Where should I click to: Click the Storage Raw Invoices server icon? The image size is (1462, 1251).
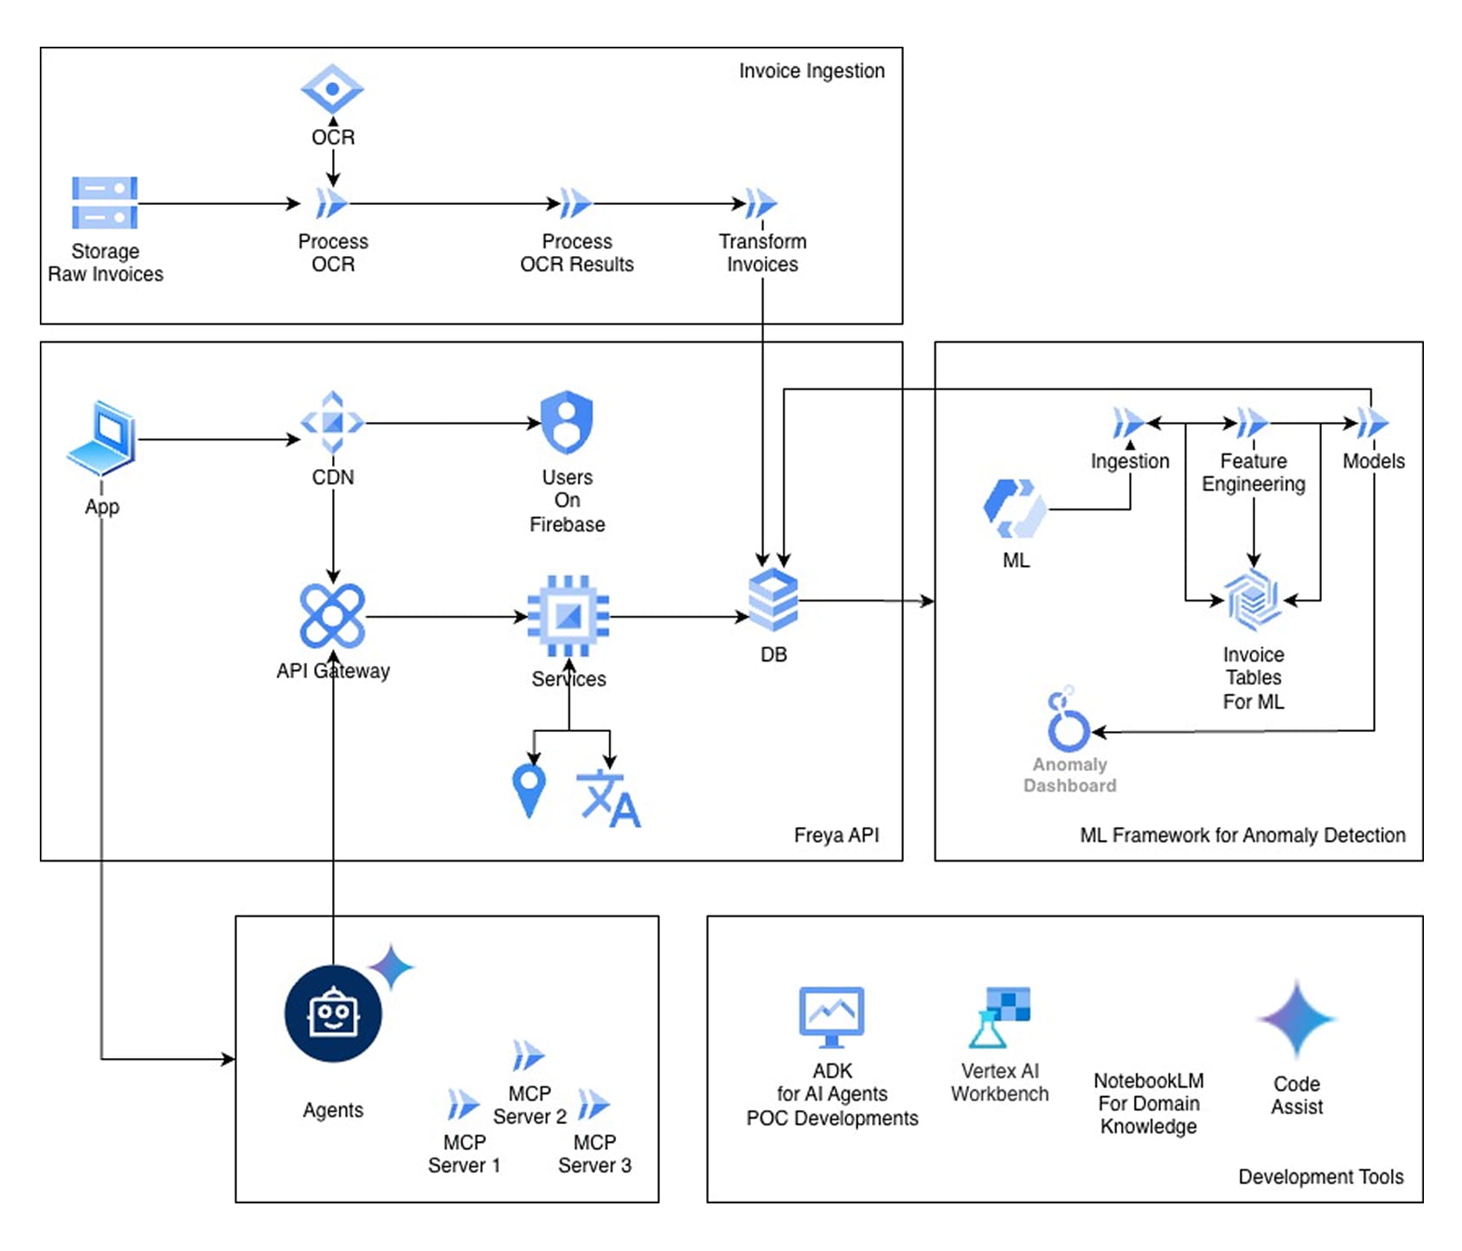105,202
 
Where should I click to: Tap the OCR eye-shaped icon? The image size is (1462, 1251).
332,89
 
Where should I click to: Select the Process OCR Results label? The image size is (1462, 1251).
576,253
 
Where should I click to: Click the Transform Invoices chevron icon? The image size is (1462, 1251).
760,204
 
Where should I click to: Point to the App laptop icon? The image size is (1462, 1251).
103,438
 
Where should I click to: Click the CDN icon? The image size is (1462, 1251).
332,423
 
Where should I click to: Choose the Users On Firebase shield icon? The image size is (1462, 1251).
567,422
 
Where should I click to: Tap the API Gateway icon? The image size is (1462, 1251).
332,616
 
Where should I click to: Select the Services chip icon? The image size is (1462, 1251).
568,616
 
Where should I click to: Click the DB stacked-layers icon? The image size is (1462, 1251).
773,600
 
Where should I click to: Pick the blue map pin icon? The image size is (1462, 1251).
529,789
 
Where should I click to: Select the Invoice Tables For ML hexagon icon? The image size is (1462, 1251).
1253,599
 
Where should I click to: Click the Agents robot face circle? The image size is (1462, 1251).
333,1014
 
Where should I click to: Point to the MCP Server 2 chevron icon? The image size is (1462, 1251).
528,1056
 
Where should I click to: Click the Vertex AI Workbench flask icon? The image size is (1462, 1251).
1000,1017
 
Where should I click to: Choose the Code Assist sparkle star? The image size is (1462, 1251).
1296,1019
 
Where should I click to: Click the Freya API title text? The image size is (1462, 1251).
836,835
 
